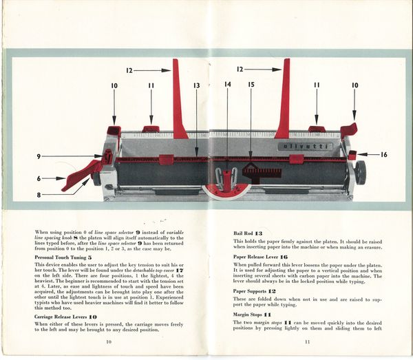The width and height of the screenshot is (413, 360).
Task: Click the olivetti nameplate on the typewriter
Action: pos(305,146)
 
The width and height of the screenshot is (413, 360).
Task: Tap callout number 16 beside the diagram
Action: pos(383,155)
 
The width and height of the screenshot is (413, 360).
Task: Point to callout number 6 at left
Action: pos(41,178)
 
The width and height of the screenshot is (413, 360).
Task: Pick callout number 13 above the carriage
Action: pos(196,85)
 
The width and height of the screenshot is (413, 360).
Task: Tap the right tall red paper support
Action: pos(283,100)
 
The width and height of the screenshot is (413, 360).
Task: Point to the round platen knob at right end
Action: pos(360,172)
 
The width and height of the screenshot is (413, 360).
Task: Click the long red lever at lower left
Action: pos(81,175)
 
